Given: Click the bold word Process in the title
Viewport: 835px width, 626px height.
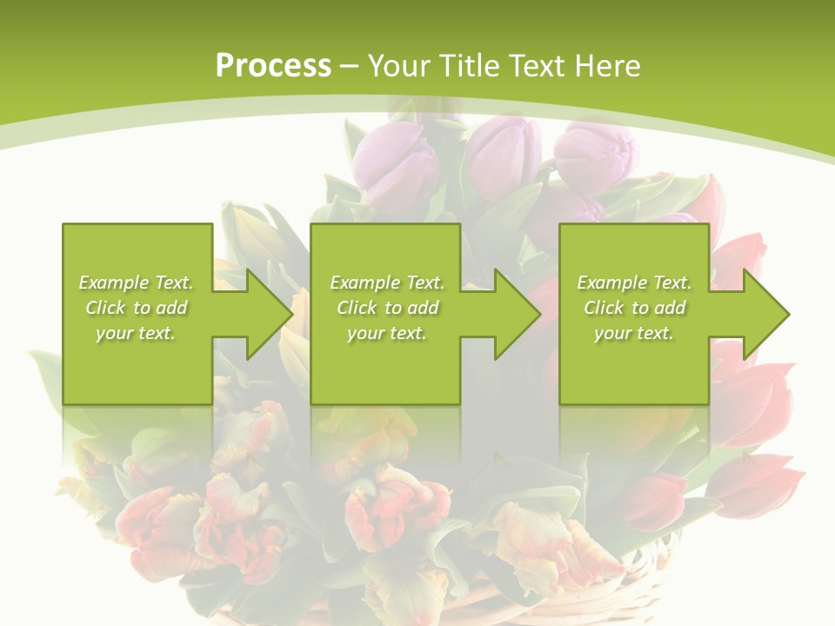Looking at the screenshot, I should tap(273, 66).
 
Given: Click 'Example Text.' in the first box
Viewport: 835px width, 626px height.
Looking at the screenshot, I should tap(136, 283).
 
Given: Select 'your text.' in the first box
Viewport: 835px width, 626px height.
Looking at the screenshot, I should tap(136, 333).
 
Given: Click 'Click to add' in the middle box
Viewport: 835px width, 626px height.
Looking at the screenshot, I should tap(387, 308).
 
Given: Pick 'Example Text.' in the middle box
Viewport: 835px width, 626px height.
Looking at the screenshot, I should tap(387, 283).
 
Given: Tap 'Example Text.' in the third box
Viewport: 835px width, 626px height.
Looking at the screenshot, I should tap(634, 283).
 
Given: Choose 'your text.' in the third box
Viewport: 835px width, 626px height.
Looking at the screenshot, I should tap(634, 333).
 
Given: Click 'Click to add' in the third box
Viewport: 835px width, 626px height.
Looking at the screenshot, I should tap(634, 308).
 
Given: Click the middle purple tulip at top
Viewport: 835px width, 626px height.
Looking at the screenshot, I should tap(504, 152).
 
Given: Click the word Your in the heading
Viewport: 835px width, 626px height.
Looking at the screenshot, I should tap(397, 66).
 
